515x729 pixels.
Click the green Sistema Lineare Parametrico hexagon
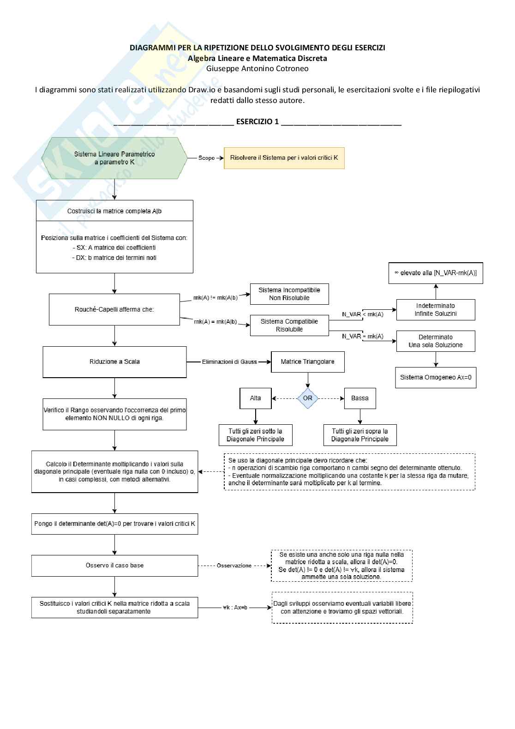pyautogui.click(x=114, y=158)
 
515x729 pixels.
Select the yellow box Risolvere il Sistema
pyautogui.click(x=284, y=158)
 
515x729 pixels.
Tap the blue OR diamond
pyautogui.click(x=308, y=398)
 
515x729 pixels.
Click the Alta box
pyautogui.click(x=256, y=398)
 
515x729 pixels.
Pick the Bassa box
pyautogui.click(x=359, y=398)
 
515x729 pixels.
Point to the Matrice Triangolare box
pyautogui.click(x=307, y=362)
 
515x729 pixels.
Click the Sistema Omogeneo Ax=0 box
pyautogui.click(x=436, y=377)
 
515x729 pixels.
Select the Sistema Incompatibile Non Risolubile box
pyautogui.click(x=289, y=294)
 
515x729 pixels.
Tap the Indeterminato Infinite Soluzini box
pyautogui.click(x=436, y=310)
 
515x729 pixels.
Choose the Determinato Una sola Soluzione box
pyautogui.click(x=436, y=341)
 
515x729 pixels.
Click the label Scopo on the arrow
pyautogui.click(x=206, y=158)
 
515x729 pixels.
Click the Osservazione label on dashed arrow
pyautogui.click(x=234, y=566)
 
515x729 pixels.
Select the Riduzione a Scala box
pyautogui.click(x=114, y=362)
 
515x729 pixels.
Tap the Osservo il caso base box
pyautogui.click(x=114, y=566)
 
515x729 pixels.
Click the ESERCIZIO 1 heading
pyautogui.click(x=257, y=122)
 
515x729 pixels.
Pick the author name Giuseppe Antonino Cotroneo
pyautogui.click(x=257, y=69)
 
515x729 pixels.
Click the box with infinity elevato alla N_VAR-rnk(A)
pyautogui.click(x=436, y=273)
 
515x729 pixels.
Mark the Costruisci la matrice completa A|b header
pyautogui.click(x=114, y=211)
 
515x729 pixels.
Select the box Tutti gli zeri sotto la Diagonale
pyautogui.click(x=255, y=435)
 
